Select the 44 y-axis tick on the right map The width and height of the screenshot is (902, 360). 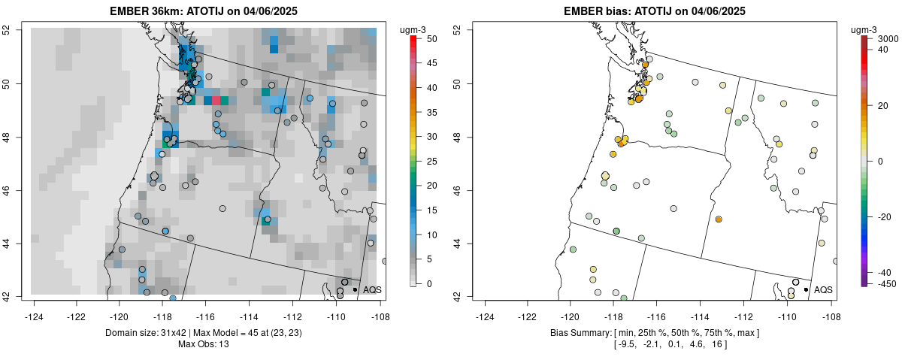point(456,244)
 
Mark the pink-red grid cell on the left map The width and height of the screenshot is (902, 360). point(216,100)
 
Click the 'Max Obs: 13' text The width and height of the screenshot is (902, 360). point(204,344)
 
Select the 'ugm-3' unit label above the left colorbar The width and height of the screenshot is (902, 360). point(415,29)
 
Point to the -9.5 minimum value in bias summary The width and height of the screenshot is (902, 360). point(628,344)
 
